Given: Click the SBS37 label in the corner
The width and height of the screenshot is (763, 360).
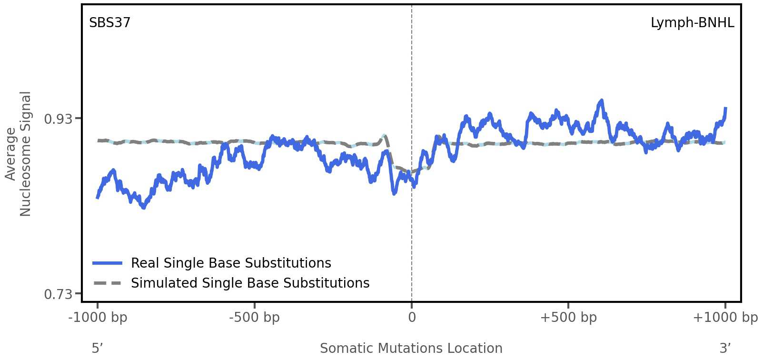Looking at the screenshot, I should (109, 23).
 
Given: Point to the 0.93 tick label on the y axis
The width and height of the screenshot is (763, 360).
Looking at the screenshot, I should (58, 119).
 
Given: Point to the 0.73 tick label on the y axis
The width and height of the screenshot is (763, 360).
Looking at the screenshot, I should (58, 294).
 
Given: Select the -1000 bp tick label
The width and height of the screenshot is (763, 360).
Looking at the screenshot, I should (98, 318).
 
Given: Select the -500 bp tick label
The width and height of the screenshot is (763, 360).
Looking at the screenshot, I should (254, 318).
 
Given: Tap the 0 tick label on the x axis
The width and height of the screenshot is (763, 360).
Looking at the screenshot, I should (412, 318).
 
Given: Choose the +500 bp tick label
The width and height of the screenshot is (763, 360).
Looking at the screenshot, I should (568, 318).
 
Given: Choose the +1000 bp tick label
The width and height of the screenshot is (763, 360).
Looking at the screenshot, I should (724, 318).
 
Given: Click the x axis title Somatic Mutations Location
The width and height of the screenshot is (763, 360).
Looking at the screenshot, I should (411, 349).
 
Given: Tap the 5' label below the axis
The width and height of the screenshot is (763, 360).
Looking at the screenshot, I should (97, 349).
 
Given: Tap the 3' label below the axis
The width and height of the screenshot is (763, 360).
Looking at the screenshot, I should (725, 349).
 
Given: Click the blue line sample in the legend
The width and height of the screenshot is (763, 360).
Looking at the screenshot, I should (108, 263).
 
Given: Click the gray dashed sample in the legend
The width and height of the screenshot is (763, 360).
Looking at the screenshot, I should (108, 283).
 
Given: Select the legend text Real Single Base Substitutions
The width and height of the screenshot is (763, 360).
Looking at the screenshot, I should (231, 263).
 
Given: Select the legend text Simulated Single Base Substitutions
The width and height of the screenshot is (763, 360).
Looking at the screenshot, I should (250, 283).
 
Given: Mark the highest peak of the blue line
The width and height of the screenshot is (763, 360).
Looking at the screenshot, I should (602, 100).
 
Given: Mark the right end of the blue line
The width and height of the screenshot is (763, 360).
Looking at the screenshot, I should (725, 109).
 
